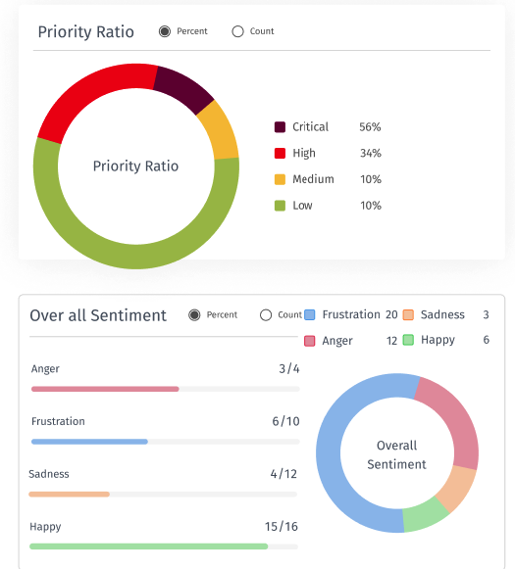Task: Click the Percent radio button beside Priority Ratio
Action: pos(165,31)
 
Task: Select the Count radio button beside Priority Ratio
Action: pos(237,31)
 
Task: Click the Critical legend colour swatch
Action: pos(280,127)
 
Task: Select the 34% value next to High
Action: pos(371,153)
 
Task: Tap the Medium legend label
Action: pos(313,179)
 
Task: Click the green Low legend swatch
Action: pos(280,206)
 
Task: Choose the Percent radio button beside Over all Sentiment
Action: pos(194,315)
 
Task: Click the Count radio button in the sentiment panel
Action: pos(266,315)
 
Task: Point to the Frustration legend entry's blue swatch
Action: pos(310,314)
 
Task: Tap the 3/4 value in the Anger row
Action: pos(288,369)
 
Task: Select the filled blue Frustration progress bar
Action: pos(89,442)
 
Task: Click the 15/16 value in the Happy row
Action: pos(282,527)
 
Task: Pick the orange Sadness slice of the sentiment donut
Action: pos(457,487)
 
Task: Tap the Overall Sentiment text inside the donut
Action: pos(396,455)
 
